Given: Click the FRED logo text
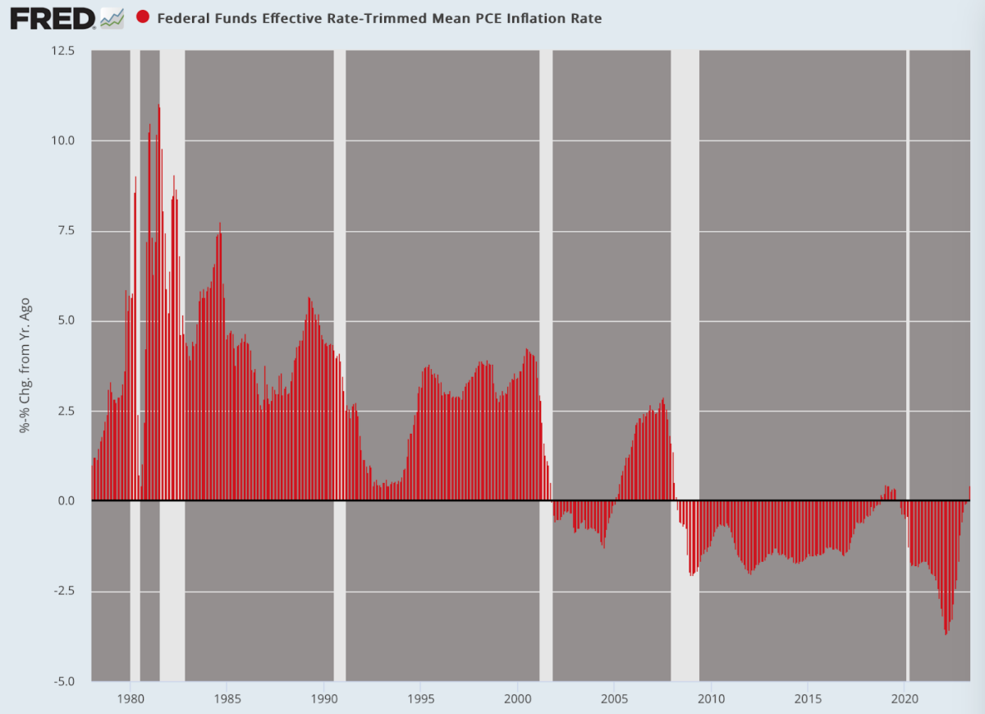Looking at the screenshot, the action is [x=53, y=19].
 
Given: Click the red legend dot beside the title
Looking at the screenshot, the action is [x=143, y=16].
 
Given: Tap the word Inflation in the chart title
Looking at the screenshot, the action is [x=536, y=18].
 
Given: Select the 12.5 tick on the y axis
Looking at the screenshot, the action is [x=63, y=51].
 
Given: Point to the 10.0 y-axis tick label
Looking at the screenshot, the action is [x=63, y=140].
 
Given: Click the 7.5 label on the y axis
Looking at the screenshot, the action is [x=66, y=231].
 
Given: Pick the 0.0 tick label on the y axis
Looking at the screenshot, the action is [x=66, y=500].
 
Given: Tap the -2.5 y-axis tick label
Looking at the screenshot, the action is [x=64, y=591].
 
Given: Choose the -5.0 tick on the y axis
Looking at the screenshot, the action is [x=64, y=682].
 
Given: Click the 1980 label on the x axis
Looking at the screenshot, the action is [x=131, y=699].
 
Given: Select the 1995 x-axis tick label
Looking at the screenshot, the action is [x=421, y=699].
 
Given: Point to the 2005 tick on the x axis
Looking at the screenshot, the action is [x=614, y=699].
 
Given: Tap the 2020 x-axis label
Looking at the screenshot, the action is [x=905, y=699].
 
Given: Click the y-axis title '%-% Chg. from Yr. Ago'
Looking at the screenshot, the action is [x=25, y=365].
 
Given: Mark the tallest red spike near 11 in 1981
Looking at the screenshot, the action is [x=158, y=106].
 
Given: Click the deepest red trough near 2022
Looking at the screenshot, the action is [x=946, y=633].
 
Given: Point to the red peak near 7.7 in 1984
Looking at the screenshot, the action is [x=220, y=223].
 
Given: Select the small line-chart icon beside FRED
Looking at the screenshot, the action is [x=112, y=19].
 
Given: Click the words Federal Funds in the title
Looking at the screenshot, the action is [x=208, y=18].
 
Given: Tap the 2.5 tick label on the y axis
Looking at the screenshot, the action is [x=66, y=411].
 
